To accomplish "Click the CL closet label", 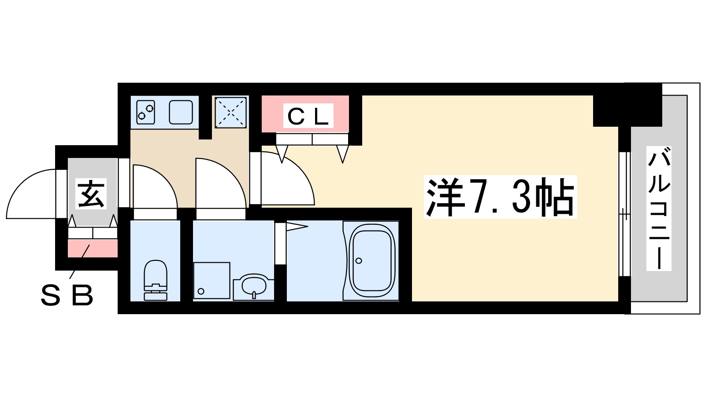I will [308, 116].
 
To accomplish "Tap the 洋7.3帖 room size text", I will [500, 197].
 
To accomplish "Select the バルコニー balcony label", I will [659, 209].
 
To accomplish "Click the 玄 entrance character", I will [91, 194].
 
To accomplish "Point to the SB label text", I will [67, 295].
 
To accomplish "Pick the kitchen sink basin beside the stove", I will [181, 112].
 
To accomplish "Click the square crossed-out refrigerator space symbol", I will [230, 112].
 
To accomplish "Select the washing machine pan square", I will [211, 280].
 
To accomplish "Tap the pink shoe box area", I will [93, 249].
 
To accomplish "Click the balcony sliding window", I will [624, 213].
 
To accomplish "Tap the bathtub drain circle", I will [359, 261].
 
